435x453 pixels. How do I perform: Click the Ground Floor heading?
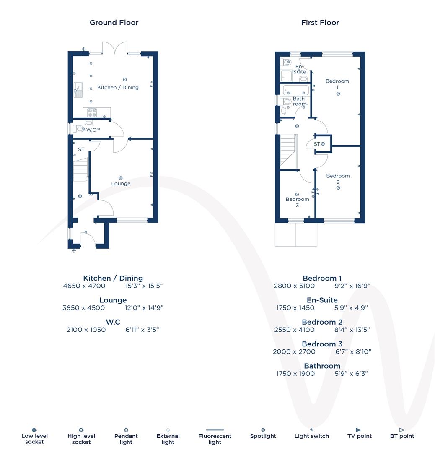pyautogui.click(x=114, y=23)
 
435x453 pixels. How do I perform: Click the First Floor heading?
pyautogui.click(x=320, y=23)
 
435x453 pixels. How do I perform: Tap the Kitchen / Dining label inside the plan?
pyautogui.click(x=118, y=87)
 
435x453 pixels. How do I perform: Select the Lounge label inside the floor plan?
pyautogui.click(x=121, y=183)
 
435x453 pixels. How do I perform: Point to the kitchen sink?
pyautogui.click(x=78, y=90)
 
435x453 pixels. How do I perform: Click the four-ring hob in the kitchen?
pyautogui.click(x=92, y=112)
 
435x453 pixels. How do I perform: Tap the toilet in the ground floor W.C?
pyautogui.click(x=78, y=129)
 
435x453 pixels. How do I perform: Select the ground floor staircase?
pyautogui.click(x=80, y=169)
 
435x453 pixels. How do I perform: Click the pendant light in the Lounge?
pyautogui.click(x=121, y=178)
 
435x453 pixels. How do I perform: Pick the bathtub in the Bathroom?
pyautogui.click(x=296, y=90)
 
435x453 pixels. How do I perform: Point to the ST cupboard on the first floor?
pyautogui.click(x=322, y=144)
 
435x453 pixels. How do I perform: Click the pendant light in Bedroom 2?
pyautogui.click(x=338, y=188)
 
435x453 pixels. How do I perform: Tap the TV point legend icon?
pyautogui.click(x=359, y=430)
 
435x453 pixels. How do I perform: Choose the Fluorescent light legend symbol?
pyautogui.click(x=215, y=430)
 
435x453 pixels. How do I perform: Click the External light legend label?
pyautogui.click(x=168, y=439)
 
